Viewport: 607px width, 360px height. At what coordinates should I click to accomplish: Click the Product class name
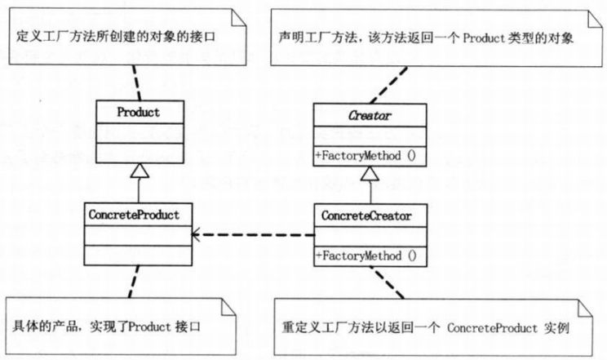(x=138, y=113)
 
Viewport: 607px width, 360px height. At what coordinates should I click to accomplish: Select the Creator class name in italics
(x=370, y=115)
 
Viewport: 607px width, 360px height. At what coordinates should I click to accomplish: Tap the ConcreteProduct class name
(x=134, y=215)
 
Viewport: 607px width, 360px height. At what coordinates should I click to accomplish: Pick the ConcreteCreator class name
(x=366, y=216)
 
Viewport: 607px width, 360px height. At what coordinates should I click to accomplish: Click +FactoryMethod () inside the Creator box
(x=366, y=156)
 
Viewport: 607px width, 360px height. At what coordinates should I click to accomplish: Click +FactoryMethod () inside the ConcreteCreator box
(x=366, y=256)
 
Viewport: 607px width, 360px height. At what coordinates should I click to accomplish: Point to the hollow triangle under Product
(x=140, y=171)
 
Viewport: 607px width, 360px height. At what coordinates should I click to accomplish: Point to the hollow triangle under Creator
(x=370, y=174)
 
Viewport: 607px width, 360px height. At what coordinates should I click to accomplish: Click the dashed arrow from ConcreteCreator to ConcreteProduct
(x=253, y=234)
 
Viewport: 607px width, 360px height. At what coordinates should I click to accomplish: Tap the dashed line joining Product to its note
(x=136, y=82)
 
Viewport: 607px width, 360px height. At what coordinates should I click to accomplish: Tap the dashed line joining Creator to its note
(x=388, y=85)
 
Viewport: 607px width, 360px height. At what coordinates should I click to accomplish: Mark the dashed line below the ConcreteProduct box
(x=134, y=282)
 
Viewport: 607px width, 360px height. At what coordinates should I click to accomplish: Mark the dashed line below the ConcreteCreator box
(x=387, y=282)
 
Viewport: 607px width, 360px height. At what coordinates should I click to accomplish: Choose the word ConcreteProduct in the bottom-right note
(x=492, y=328)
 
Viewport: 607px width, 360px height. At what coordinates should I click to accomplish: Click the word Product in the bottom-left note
(x=149, y=327)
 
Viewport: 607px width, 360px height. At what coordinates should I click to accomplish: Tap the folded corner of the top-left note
(x=238, y=18)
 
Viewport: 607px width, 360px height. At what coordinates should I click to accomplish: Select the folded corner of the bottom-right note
(x=585, y=308)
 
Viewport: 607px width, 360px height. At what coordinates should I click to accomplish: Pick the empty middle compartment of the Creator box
(x=370, y=136)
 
